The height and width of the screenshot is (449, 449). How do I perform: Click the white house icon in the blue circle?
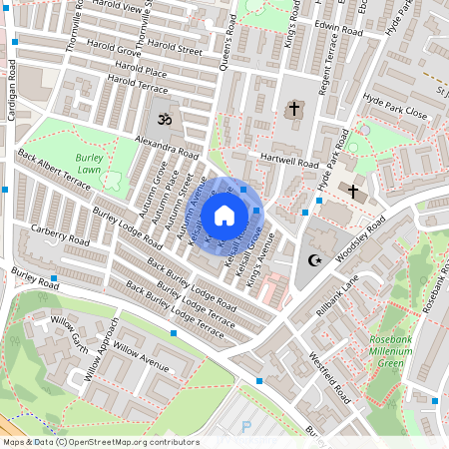click(224, 215)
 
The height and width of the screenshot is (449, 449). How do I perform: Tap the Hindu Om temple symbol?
click(161, 119)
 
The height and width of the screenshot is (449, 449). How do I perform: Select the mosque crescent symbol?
click(314, 260)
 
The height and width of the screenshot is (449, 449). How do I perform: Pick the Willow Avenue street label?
click(141, 353)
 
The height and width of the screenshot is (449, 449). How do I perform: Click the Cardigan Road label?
click(12, 90)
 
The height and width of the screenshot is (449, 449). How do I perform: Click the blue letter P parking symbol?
click(246, 426)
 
